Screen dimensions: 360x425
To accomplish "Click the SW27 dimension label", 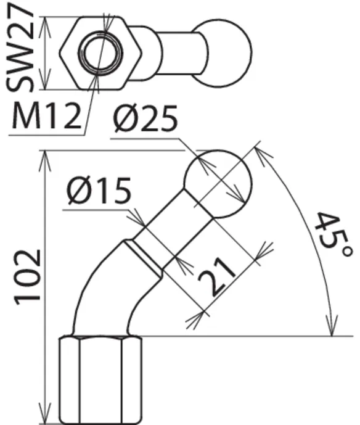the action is pyautogui.click(x=20, y=48).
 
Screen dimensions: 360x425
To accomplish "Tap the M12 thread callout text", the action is pyautogui.click(x=46, y=116).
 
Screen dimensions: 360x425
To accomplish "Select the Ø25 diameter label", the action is pyautogui.click(x=145, y=118).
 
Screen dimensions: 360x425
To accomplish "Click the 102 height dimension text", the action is pyautogui.click(x=28, y=278).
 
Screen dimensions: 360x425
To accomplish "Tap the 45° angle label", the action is pyautogui.click(x=333, y=235).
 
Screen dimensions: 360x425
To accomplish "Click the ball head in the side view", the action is pyautogui.click(x=218, y=184).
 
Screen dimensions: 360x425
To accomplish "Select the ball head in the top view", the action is pyautogui.click(x=223, y=53).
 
